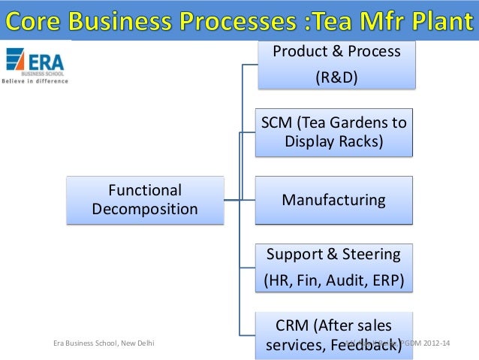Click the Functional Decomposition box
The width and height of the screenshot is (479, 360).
click(145, 200)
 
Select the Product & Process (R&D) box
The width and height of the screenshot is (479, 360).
click(336, 65)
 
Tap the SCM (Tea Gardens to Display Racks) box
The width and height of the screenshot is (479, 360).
click(333, 133)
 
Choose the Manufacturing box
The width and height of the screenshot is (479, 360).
click(333, 201)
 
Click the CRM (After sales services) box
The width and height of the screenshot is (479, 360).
click(333, 336)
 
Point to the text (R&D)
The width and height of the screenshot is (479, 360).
click(335, 79)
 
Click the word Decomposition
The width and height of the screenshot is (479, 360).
click(145, 209)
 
